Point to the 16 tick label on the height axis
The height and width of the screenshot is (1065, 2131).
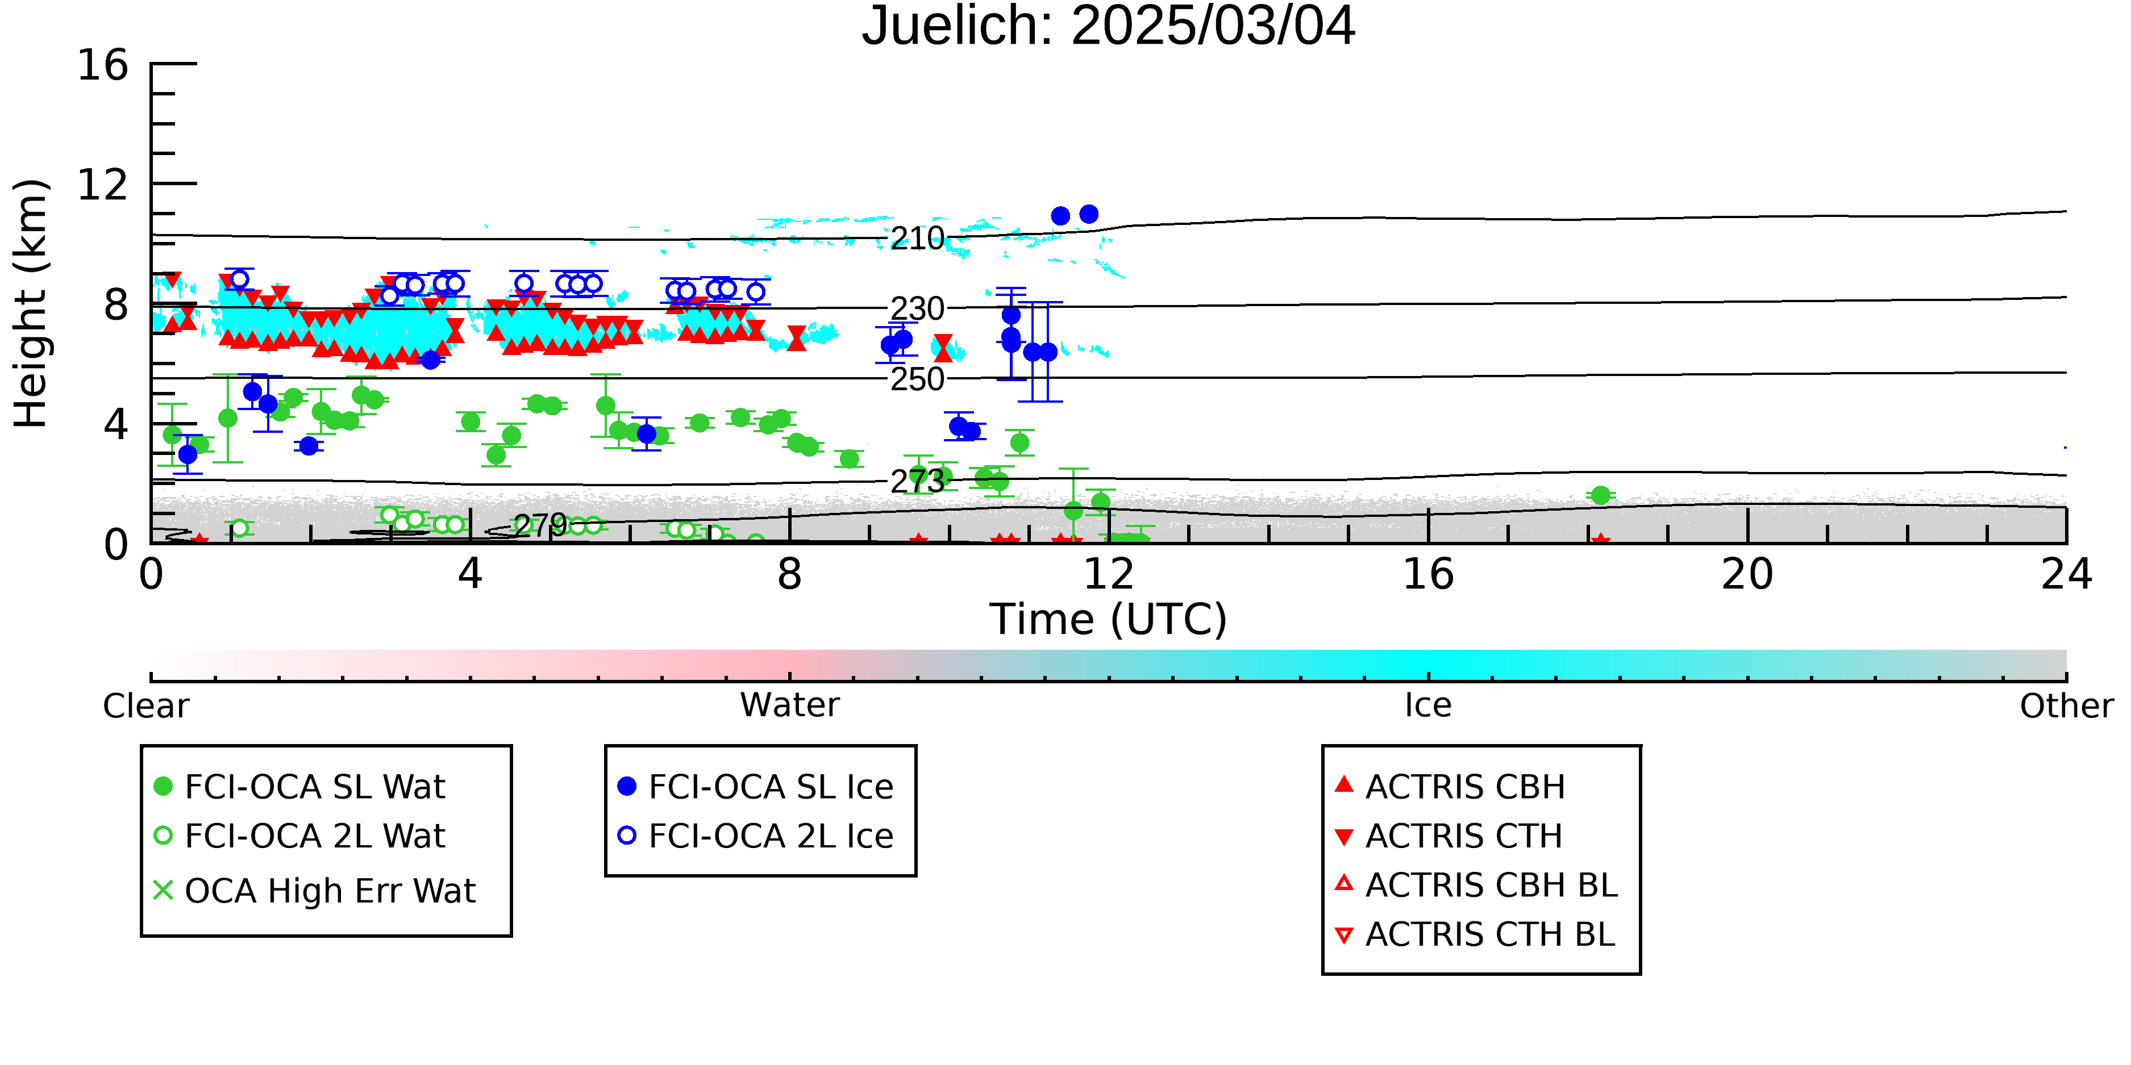(x=103, y=65)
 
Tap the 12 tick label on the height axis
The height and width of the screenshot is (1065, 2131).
(x=103, y=185)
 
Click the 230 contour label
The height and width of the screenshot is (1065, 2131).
(x=917, y=309)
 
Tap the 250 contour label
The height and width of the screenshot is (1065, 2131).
(x=917, y=379)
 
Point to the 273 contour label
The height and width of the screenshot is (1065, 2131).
(x=917, y=481)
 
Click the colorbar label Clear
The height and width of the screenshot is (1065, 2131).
(x=145, y=706)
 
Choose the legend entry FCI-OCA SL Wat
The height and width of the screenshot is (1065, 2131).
(x=300, y=786)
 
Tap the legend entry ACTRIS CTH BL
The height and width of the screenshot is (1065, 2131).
(x=1475, y=934)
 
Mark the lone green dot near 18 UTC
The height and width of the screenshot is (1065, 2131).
(x=1601, y=495)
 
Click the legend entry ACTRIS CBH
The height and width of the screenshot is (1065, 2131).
(x=1450, y=786)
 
